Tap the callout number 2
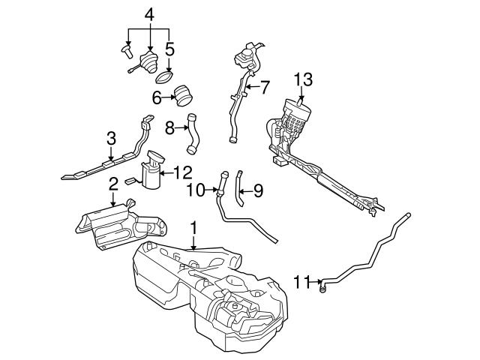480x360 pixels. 112,184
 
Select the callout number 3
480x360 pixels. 110,139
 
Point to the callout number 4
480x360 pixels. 149,13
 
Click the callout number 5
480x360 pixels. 169,49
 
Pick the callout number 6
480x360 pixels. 157,97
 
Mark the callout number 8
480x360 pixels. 169,128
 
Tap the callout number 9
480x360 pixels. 257,191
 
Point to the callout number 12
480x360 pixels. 184,172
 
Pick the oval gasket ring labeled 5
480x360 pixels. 164,75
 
